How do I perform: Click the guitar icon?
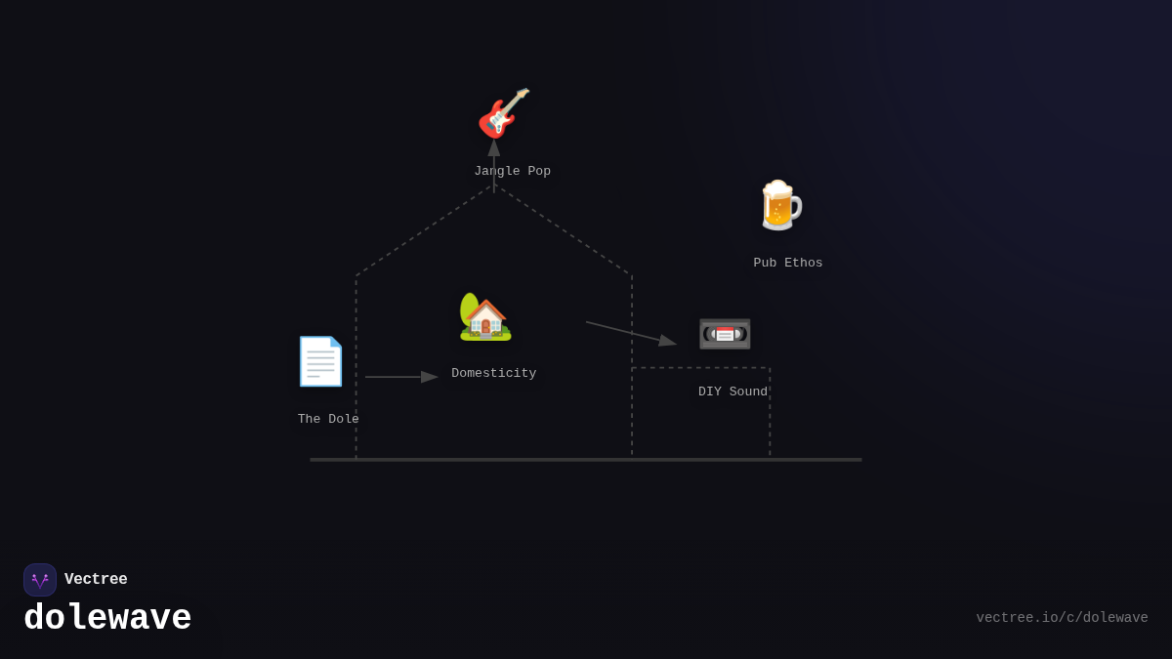point(503,113)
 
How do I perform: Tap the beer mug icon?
point(779,206)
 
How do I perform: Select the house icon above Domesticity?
point(486,319)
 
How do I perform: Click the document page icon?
point(320,361)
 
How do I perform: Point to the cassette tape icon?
point(725,334)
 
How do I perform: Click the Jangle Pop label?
point(512,171)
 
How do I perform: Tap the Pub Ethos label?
point(787,263)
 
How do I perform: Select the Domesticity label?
point(493,373)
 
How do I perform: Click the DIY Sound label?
point(732,391)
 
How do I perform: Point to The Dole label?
point(328,419)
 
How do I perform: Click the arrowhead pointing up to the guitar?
point(494,147)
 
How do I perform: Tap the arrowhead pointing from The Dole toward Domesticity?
point(430,377)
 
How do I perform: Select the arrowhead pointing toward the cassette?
point(668,341)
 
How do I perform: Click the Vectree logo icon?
point(40,580)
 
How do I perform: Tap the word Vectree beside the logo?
point(96,580)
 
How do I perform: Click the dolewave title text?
point(107,619)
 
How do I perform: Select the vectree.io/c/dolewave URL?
point(1062,618)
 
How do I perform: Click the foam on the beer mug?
point(777,187)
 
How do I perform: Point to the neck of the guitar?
point(518,98)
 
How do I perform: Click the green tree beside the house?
point(469,308)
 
